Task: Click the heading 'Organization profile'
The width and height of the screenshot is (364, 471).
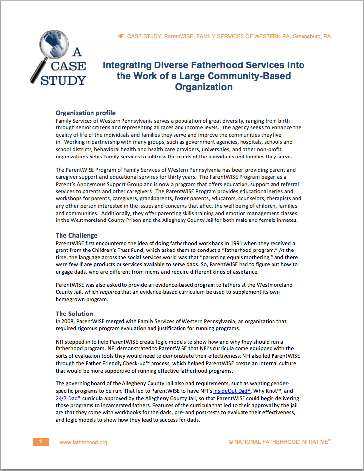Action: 86,113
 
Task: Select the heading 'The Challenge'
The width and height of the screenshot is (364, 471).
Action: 76,235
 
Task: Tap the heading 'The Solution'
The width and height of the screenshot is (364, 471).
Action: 74,314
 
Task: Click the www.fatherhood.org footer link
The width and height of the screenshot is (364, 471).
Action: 83,442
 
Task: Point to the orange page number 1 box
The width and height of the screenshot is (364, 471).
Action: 41,442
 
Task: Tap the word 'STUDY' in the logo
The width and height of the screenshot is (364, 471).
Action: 63,80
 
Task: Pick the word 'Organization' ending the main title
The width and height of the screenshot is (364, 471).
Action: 204,87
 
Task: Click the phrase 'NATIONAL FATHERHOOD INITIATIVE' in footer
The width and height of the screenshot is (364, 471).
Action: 279,442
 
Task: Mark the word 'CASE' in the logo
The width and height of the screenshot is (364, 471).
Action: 69,66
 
